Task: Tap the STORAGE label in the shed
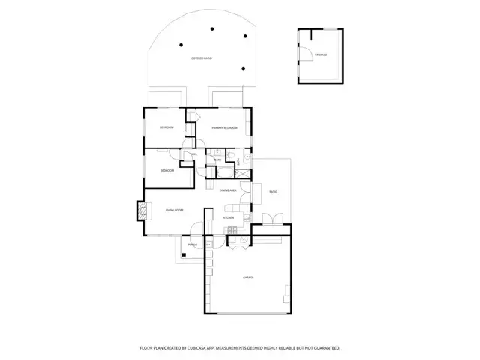pos(321,55)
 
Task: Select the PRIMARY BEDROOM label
pos(224,128)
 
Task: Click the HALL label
pos(193,154)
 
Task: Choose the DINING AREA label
pos(228,191)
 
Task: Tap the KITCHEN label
pos(229,218)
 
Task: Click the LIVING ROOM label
pos(175,211)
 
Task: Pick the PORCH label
pos(193,244)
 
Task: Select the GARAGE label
pos(247,277)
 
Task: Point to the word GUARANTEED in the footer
pos(323,348)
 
